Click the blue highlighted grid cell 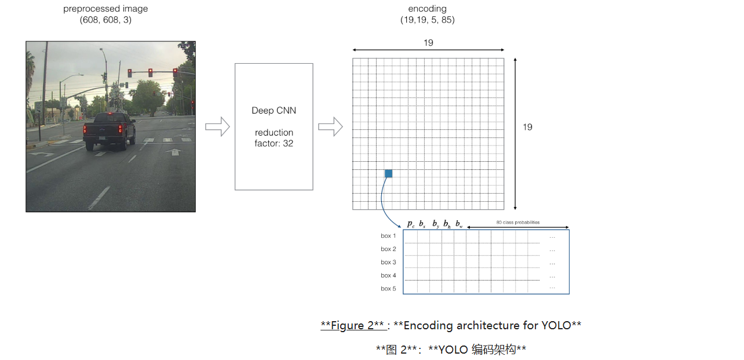point(388,173)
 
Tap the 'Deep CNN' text point(273,110)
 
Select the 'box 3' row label point(388,263)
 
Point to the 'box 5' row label point(388,289)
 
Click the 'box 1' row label point(388,236)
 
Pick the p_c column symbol point(410,224)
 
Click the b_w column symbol point(459,224)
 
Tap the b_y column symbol point(435,224)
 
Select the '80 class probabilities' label point(517,222)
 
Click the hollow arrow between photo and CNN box point(217,127)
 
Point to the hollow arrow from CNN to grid point(330,127)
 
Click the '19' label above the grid point(428,43)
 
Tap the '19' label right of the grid point(527,127)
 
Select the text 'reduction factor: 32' point(273,138)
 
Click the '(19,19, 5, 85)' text point(427,20)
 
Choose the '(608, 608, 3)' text point(105,20)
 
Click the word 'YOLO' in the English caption point(556,325)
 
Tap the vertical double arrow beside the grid point(515,133)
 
